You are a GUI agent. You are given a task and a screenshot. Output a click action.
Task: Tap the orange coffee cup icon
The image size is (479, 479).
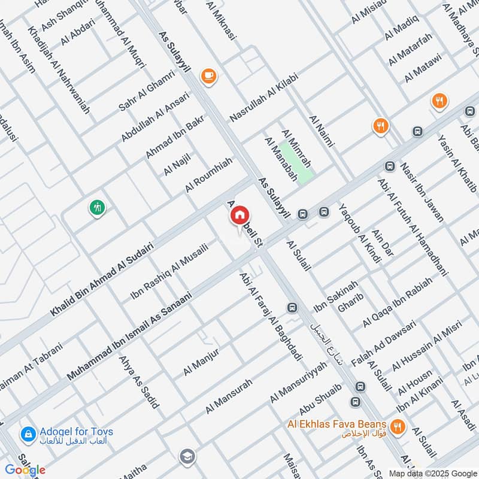209,75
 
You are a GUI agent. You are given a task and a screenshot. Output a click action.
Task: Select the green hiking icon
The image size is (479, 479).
97,208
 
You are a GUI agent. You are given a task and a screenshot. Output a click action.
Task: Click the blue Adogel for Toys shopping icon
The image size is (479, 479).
27,433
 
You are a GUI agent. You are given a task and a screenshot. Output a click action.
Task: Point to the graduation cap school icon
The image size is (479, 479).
187,456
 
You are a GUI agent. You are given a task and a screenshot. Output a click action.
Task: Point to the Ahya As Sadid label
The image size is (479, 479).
138,382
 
